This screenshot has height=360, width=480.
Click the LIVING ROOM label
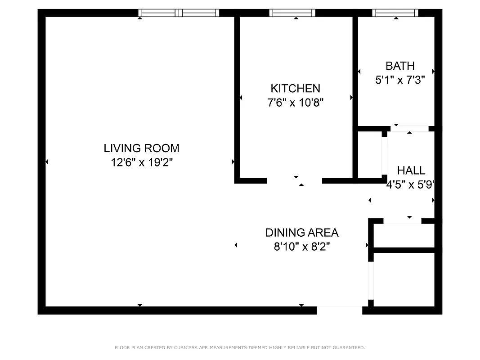141,148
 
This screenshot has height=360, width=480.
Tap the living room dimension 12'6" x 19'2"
141,162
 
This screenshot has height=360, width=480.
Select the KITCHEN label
295,88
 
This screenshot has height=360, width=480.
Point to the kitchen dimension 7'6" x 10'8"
295,103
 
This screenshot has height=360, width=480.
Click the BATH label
399,66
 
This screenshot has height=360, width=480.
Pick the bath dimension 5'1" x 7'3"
399,80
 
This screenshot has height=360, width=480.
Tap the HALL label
411,171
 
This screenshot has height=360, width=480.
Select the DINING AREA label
301,233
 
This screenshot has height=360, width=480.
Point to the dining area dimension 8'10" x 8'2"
301,247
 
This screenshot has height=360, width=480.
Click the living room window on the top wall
179,13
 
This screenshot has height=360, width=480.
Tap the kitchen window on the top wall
292,13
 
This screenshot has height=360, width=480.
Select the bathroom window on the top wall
395,13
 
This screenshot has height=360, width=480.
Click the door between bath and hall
409,129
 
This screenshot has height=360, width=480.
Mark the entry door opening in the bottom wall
339,310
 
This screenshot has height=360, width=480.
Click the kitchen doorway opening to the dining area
295,181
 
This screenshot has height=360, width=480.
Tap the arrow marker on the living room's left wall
47,162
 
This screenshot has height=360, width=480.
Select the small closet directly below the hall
404,235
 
